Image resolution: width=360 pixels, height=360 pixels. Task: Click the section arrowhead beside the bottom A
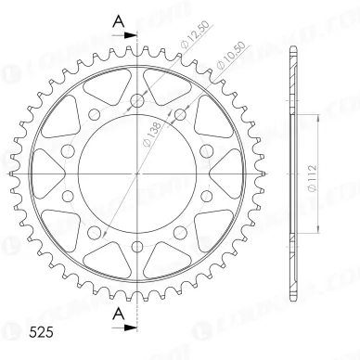131,327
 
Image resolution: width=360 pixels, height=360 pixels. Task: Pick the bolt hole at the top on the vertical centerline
137,101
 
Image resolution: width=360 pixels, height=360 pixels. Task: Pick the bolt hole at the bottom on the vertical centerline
137,245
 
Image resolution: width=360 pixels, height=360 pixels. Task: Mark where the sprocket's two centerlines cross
137,173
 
